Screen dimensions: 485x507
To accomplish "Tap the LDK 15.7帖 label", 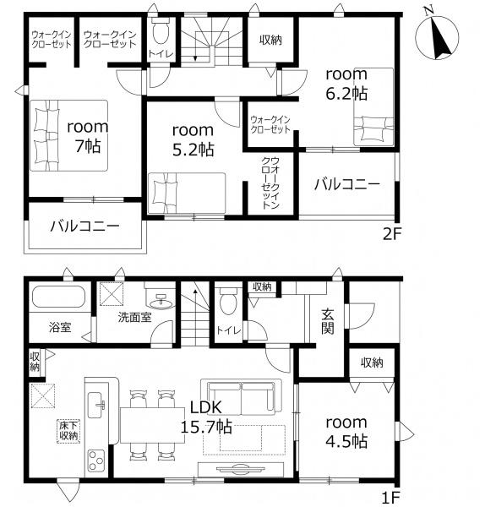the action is pyautogui.click(x=206, y=417).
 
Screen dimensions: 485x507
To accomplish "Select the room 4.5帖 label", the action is pyautogui.click(x=346, y=432).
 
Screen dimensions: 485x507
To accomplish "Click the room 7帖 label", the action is pyautogui.click(x=88, y=136).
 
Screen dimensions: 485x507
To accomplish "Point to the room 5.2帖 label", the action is pyautogui.click(x=193, y=140).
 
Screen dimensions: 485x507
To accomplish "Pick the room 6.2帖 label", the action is pyautogui.click(x=346, y=84).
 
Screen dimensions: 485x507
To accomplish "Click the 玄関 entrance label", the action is pyautogui.click(x=328, y=321).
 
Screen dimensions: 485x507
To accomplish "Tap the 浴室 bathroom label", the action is pyautogui.click(x=60, y=327).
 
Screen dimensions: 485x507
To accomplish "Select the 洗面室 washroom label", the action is pyautogui.click(x=134, y=317).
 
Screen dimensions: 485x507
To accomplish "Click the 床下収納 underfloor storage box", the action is pyautogui.click(x=68, y=431).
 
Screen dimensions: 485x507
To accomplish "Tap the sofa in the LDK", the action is pyautogui.click(x=241, y=397).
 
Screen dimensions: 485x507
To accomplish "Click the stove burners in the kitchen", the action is pyautogui.click(x=96, y=461).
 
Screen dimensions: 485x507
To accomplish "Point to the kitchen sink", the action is pyautogui.click(x=96, y=405).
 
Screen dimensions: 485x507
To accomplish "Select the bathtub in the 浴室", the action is pyautogui.click(x=58, y=297).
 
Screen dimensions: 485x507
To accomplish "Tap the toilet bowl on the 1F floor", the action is pyautogui.click(x=228, y=301).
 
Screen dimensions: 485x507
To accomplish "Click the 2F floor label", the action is pyautogui.click(x=391, y=234).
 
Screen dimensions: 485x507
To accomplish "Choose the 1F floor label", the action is pyautogui.click(x=391, y=498).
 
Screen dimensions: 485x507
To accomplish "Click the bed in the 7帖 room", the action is pyautogui.click(x=69, y=135).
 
